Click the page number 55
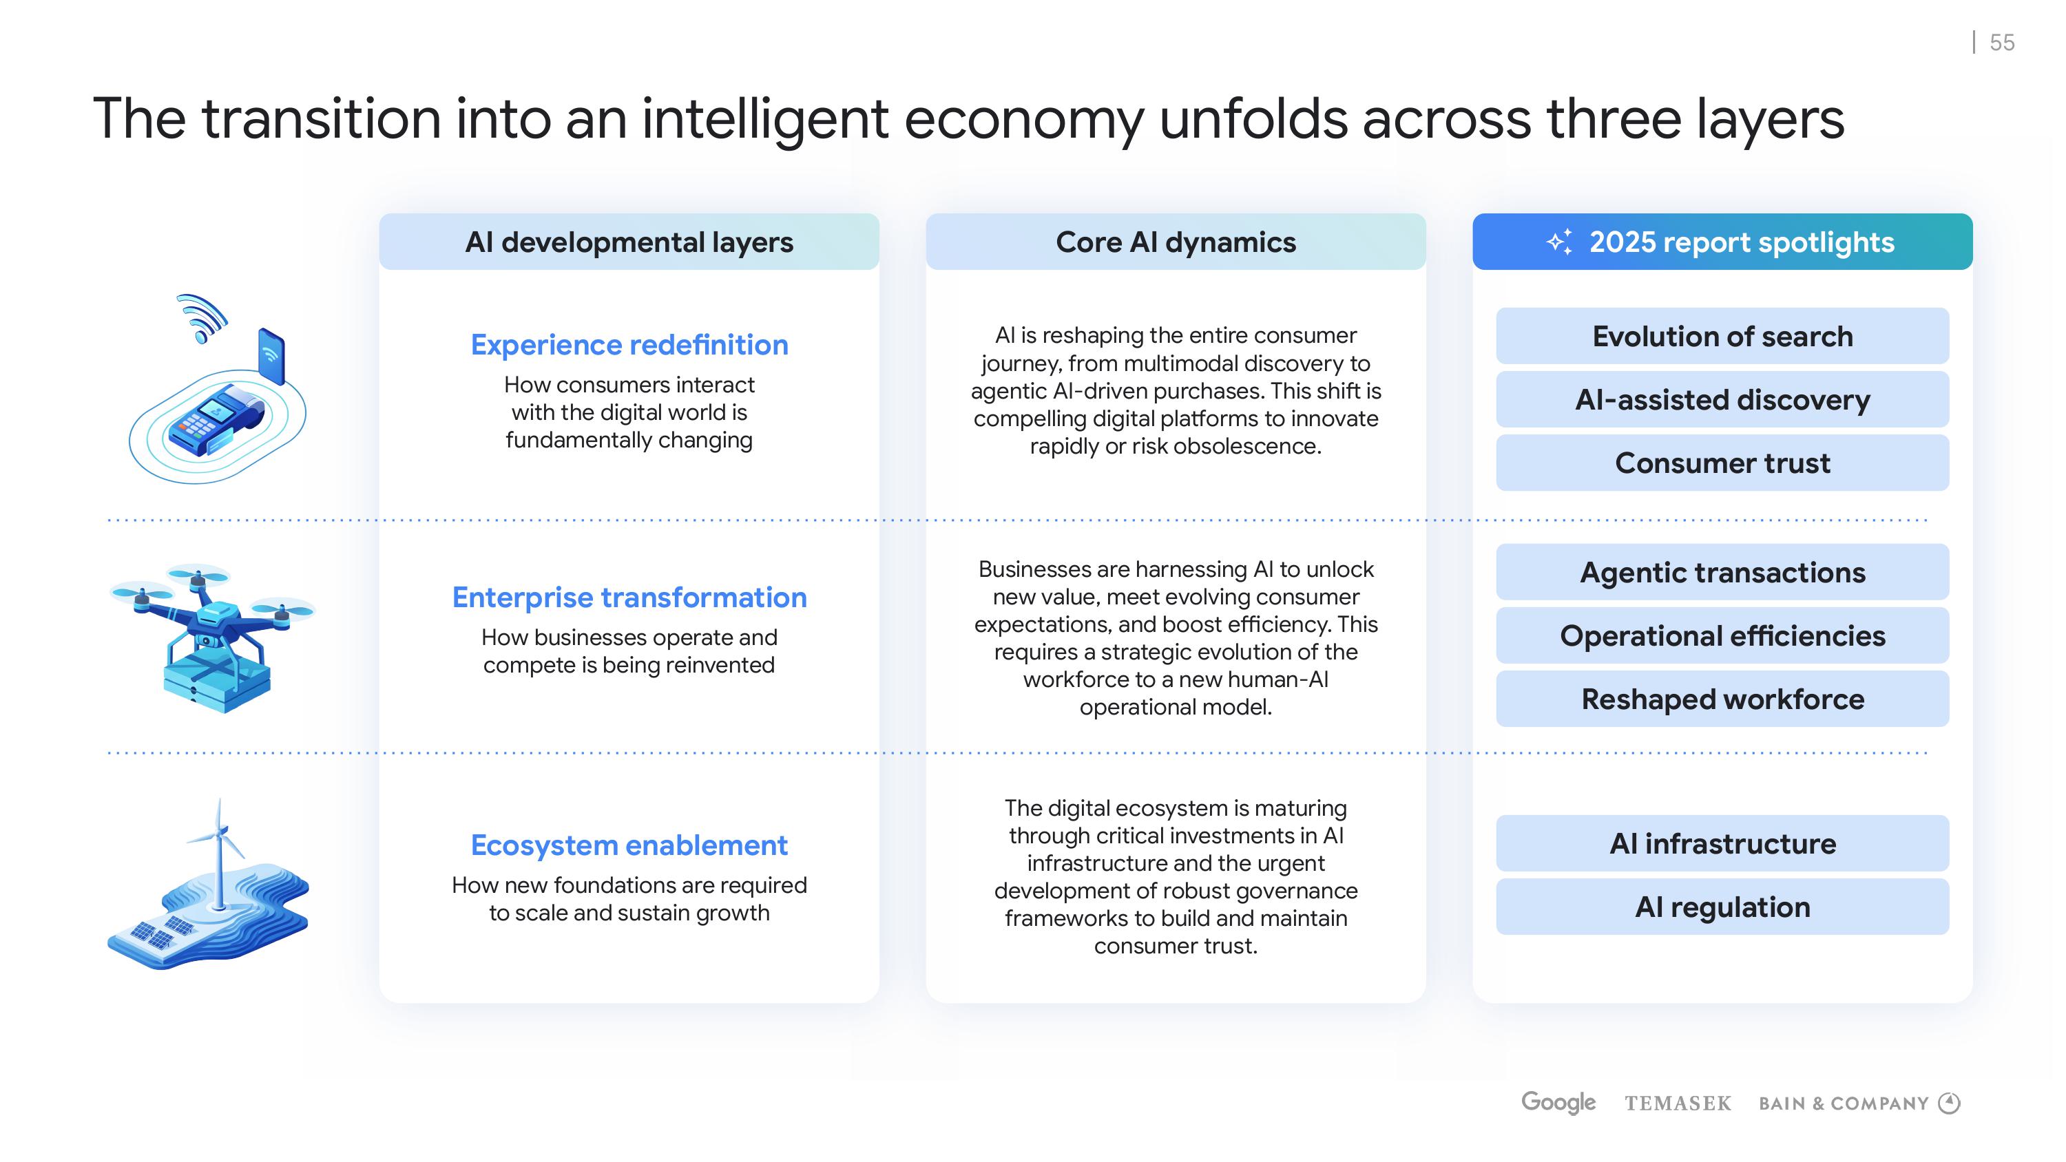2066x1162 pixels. tap(2001, 43)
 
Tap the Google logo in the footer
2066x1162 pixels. tap(1558, 1103)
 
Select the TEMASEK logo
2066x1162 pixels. tap(1678, 1103)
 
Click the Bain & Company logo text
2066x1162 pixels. tap(1843, 1103)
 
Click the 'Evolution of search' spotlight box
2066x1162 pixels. tap(1722, 336)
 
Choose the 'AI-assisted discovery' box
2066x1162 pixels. tap(1722, 399)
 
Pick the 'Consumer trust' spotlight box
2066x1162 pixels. tap(1722, 463)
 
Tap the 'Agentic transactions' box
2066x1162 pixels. tap(1722, 573)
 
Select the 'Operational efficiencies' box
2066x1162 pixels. tap(1722, 636)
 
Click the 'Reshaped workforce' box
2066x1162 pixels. tap(1722, 699)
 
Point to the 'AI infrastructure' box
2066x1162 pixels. tap(1722, 844)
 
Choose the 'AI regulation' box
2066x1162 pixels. tap(1722, 907)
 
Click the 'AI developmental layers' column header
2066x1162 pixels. tap(629, 242)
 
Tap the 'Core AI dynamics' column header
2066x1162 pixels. tap(1176, 242)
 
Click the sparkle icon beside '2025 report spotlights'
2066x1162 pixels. tap(1560, 242)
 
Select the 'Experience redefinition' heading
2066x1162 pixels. tap(629, 345)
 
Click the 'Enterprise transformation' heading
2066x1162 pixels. tap(629, 598)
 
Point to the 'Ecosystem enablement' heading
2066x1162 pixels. tap(629, 845)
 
